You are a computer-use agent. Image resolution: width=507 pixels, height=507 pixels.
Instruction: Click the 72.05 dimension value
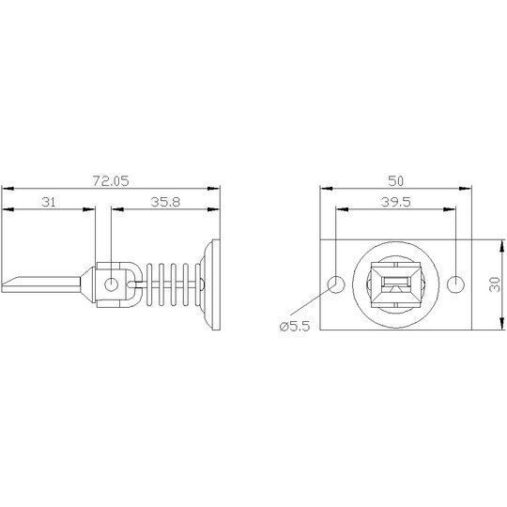[x=111, y=181]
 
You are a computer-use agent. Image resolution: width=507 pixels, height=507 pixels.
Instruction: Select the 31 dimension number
[x=49, y=202]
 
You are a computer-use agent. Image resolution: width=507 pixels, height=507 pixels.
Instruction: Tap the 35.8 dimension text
[x=165, y=202]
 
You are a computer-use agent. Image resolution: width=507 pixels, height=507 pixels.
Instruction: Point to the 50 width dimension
[x=396, y=181]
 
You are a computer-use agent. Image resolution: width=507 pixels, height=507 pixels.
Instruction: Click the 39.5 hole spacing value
[x=396, y=202]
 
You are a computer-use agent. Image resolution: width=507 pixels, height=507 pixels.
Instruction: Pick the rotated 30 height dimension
[x=495, y=284]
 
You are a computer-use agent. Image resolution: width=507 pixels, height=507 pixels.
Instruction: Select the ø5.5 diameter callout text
[x=295, y=326]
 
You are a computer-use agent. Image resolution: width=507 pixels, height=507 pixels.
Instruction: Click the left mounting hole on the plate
[x=336, y=284]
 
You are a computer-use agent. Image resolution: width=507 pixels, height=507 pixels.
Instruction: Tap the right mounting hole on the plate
[x=456, y=284]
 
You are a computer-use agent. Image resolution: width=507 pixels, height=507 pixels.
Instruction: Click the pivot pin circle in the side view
[x=111, y=284]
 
